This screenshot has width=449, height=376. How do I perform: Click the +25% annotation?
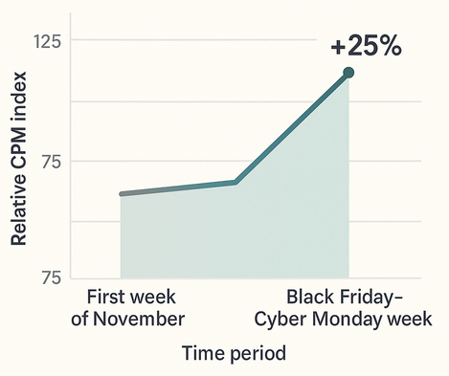(x=366, y=46)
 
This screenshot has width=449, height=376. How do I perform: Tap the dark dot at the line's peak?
(x=348, y=73)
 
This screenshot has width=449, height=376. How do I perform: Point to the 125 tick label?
(x=47, y=42)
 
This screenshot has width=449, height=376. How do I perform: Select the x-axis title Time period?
(x=234, y=353)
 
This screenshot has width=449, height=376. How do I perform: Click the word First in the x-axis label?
(x=108, y=294)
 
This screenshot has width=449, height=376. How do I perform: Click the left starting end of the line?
(x=122, y=194)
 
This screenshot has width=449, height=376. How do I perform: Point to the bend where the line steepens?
(x=235, y=182)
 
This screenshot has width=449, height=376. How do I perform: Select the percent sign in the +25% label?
(x=388, y=46)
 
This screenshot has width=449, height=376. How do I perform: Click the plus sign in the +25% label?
(x=338, y=47)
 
